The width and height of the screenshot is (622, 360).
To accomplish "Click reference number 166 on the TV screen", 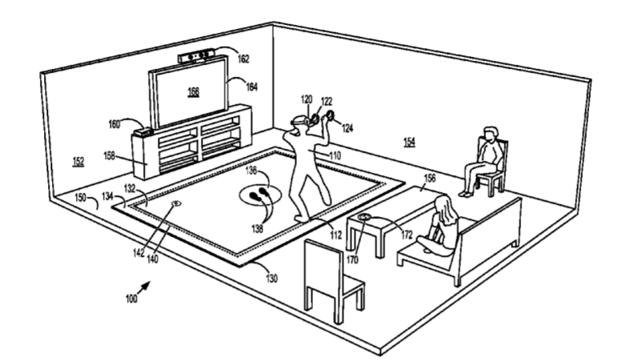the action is pos(193,91).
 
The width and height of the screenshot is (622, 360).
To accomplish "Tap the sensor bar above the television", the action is pos(197,56).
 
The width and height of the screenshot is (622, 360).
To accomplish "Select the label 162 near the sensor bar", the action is pos(243,58).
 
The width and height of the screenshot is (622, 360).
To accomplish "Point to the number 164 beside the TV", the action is pos(251,86).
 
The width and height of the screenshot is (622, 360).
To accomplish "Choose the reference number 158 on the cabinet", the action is pos(109,156).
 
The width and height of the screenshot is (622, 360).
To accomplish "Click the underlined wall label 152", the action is pos(78,162).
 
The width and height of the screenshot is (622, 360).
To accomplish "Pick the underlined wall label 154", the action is pos(409,142).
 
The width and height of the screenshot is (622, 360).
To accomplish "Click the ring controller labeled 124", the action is pos(330,115).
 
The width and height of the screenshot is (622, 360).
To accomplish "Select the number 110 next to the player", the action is pos(335,156).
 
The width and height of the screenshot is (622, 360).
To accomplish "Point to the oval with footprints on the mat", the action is pos(260,194).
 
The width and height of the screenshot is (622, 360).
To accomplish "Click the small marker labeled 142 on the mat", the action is pos(176,204).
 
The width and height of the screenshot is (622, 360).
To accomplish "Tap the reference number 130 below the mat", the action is pos(271,278).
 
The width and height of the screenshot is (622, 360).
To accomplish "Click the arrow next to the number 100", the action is pos(144,287).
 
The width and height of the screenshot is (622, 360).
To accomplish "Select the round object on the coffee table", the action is pos(364,217).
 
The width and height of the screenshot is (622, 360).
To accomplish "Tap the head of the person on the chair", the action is pos(490,135).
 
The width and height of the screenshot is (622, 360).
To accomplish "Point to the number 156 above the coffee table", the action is pos(430,178).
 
